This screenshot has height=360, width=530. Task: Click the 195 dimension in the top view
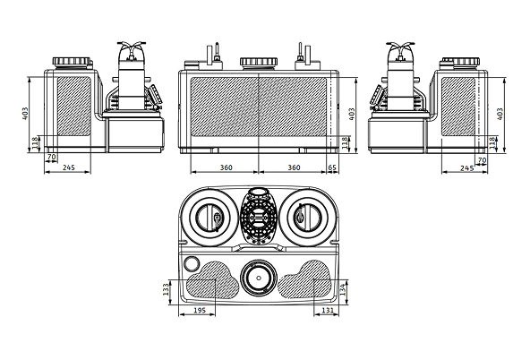[199, 309]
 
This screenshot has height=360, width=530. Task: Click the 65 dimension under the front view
[332, 167]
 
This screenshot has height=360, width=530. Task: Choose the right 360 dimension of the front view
[292, 167]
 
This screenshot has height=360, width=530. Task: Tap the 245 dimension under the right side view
[466, 167]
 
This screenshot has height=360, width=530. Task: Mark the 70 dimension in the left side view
[52, 158]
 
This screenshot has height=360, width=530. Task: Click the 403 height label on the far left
[27, 114]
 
